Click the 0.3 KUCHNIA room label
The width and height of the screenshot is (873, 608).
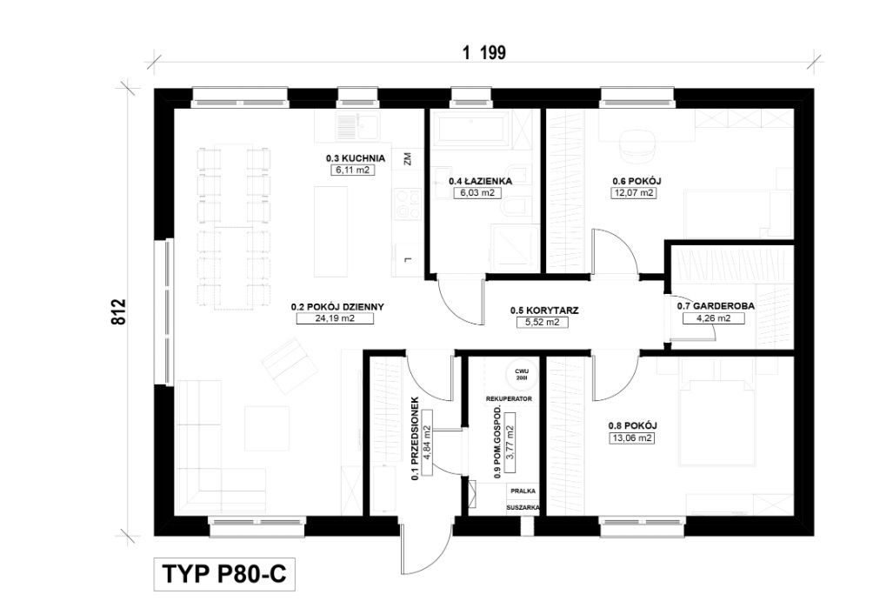[356, 158]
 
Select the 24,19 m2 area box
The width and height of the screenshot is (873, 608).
[335, 318]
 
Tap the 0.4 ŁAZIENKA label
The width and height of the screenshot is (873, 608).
[481, 181]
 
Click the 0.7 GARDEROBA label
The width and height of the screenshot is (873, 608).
[716, 305]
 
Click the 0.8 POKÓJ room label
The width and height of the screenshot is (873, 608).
[633, 426]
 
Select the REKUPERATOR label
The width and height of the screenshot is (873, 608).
[509, 398]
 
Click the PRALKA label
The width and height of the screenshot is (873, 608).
[523, 491]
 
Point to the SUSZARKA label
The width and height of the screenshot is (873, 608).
[523, 508]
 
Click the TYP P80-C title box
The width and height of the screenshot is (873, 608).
[224, 574]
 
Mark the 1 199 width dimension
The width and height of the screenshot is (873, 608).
[484, 53]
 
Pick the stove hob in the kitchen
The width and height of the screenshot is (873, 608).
[408, 204]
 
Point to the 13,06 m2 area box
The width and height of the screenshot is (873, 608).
[632, 438]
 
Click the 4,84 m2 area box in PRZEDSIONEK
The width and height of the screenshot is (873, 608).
[428, 443]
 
